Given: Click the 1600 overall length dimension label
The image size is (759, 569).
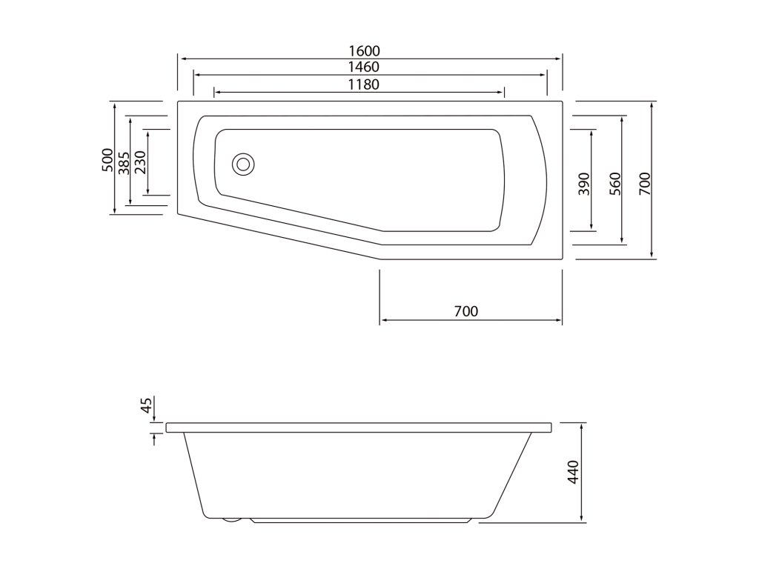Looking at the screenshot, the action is [x=364, y=51].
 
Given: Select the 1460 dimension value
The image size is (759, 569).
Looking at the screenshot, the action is [x=364, y=67].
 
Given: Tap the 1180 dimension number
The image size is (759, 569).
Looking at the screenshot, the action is [x=364, y=84].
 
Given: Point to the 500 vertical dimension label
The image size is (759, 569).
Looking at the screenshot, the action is [x=107, y=160].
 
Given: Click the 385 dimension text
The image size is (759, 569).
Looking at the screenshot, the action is [x=124, y=163].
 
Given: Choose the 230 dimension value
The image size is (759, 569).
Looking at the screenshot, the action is [x=140, y=162].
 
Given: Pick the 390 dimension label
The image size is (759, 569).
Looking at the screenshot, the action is [x=584, y=184].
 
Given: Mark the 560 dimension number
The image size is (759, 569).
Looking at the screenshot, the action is [x=614, y=184].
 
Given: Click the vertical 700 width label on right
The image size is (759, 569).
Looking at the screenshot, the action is [x=645, y=184].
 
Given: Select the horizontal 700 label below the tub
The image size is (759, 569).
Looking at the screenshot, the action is [x=466, y=311].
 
